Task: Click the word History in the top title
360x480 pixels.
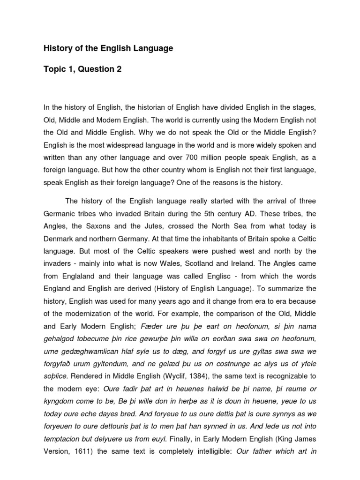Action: tap(56, 48)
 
